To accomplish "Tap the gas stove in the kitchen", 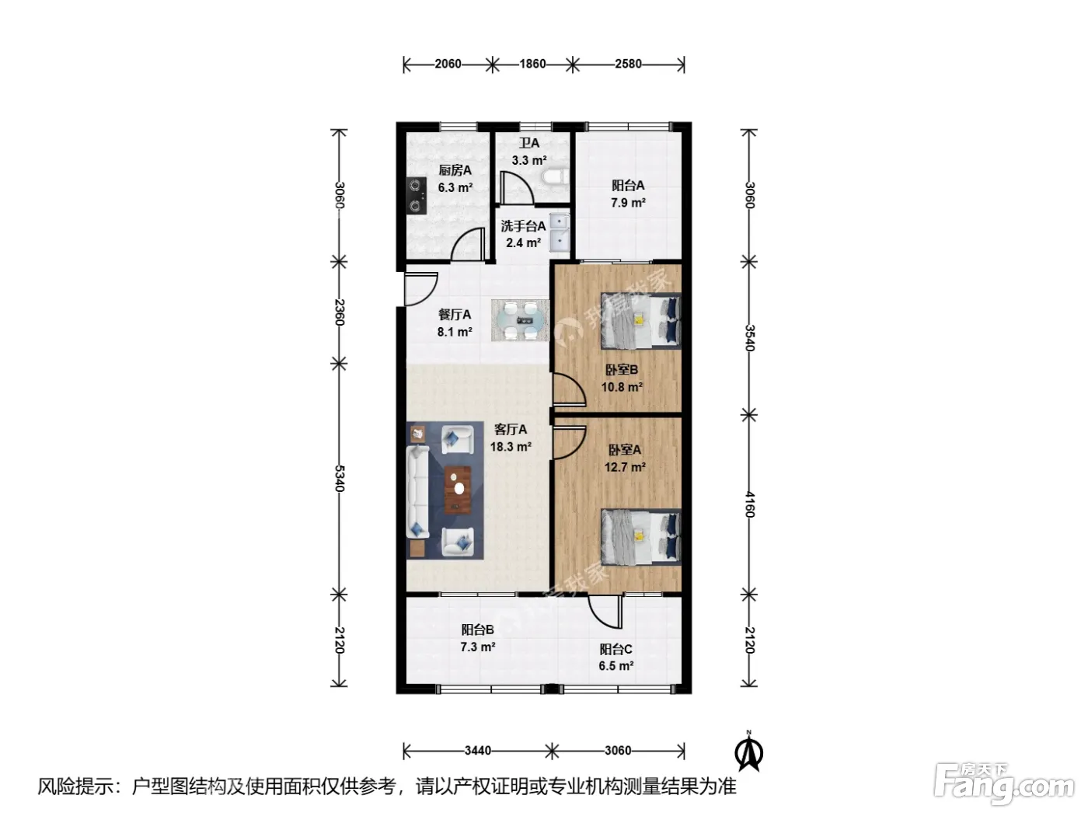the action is click(417, 196).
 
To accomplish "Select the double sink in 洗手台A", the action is click(560, 232).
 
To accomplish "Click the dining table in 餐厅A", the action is click(521, 320).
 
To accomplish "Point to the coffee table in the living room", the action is click(458, 490).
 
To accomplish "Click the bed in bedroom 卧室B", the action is click(641, 320).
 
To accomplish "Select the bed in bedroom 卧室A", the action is click(641, 537).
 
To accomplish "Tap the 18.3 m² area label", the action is click(511, 447).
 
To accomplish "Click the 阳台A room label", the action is click(627, 185).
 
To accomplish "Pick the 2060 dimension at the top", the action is click(448, 64).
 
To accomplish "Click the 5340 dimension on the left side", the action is click(339, 478).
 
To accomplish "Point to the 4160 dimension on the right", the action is click(749, 504).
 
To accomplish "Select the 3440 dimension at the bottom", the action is click(478, 751).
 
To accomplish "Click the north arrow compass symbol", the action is click(748, 752).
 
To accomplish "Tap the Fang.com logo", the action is click(1003, 784).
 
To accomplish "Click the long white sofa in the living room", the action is click(418, 491).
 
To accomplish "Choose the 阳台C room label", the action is click(615, 649).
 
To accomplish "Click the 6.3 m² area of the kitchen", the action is click(455, 188).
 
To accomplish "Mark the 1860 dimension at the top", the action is click(532, 64).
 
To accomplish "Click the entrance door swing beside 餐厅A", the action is click(421, 289).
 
